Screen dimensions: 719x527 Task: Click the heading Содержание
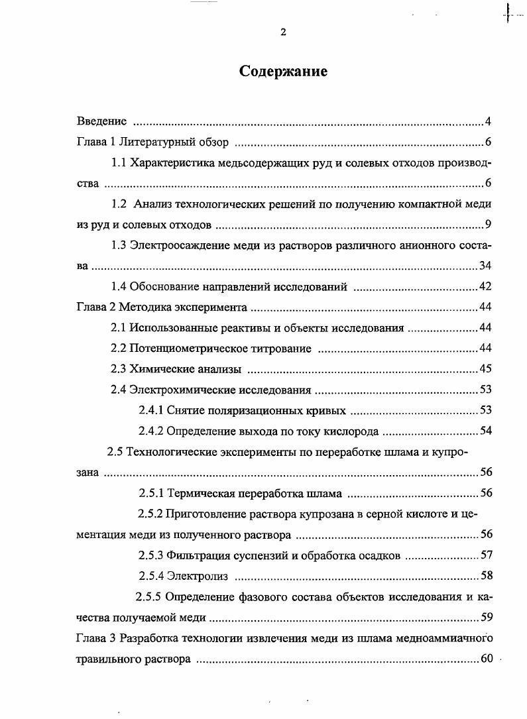[x=283, y=72]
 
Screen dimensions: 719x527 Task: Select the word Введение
[x=101, y=121]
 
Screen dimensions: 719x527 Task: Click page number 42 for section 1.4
[x=485, y=286]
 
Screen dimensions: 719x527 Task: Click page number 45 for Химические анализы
[x=485, y=368]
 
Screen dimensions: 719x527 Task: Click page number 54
[x=485, y=431]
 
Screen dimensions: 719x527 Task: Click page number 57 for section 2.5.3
[x=485, y=555]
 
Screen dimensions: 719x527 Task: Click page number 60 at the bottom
[x=487, y=659]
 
